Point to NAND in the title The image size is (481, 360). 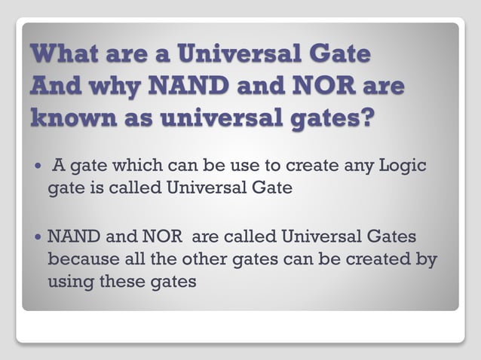click(195, 87)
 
